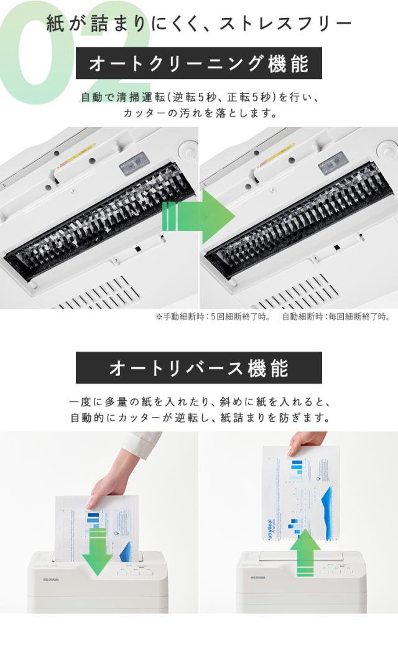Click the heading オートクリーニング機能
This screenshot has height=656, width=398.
coord(199,63)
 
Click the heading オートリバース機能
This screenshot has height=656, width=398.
coord(199,368)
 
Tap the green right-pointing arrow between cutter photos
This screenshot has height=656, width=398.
coord(198,217)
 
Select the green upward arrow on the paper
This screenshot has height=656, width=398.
coord(305,556)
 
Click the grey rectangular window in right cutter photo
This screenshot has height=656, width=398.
coord(333,163)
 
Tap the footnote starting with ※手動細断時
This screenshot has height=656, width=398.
coord(213,317)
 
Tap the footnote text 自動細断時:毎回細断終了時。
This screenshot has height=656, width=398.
coord(336,317)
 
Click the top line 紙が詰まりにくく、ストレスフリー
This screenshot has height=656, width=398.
coord(199,24)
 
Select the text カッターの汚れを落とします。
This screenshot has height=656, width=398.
coord(199,113)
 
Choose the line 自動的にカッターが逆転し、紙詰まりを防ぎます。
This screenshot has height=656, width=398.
coord(199,418)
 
